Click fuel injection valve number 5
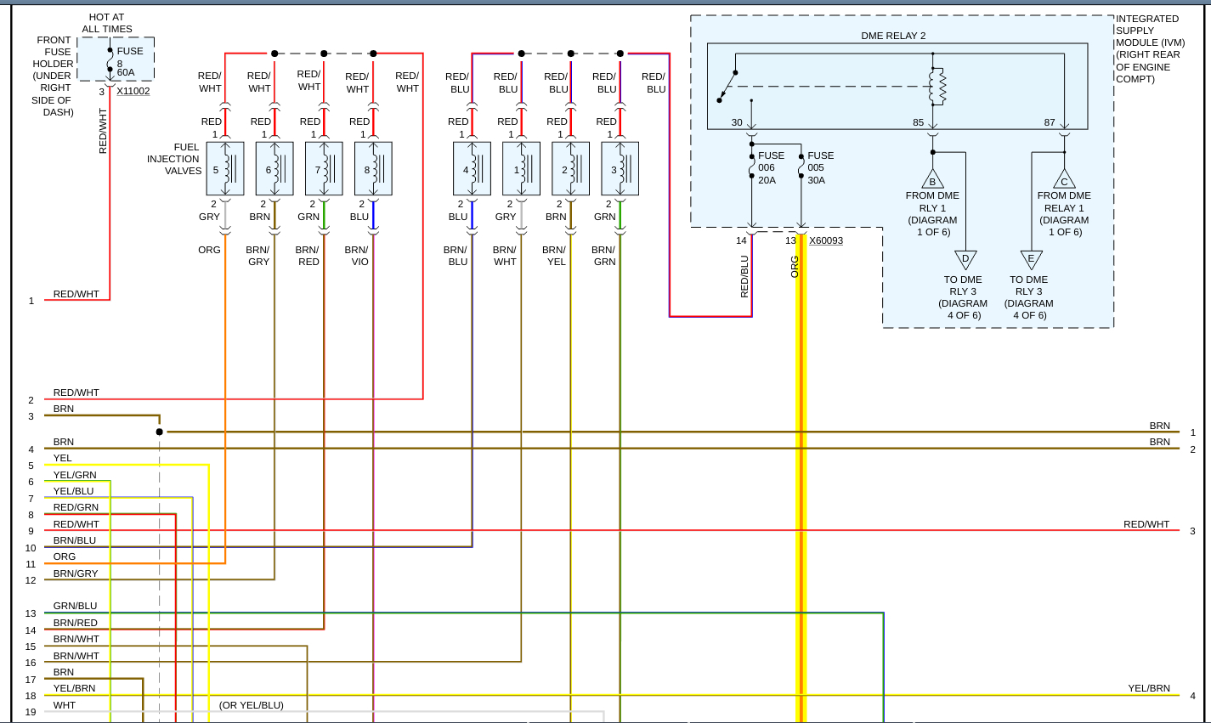tap(224, 169)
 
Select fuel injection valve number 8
tap(373, 169)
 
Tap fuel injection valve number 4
tap(472, 169)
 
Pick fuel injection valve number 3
tap(620, 169)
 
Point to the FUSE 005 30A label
tap(820, 167)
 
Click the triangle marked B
tap(932, 180)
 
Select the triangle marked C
tap(1064, 180)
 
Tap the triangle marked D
tap(965, 259)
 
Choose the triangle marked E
tap(1031, 259)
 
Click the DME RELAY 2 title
tap(893, 36)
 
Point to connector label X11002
tap(133, 91)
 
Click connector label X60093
tap(826, 240)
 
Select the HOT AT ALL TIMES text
tap(107, 23)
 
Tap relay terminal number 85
tap(918, 122)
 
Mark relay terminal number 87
tap(1050, 122)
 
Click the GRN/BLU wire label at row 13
tap(75, 606)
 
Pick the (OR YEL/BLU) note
tap(252, 705)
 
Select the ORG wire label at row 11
tap(65, 556)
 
